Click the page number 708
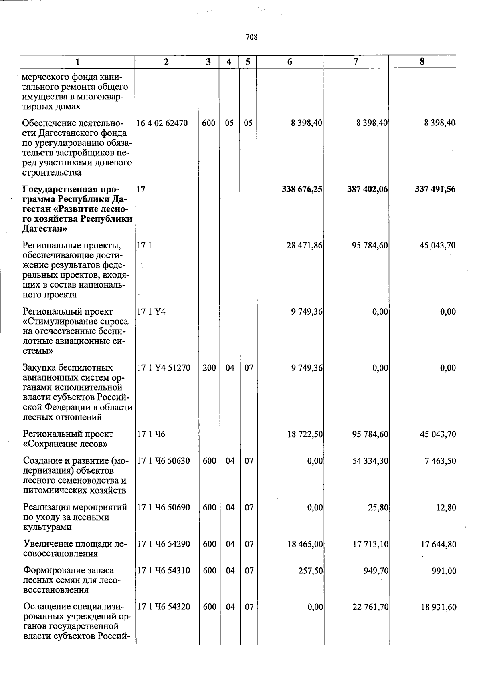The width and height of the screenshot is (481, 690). tap(251, 37)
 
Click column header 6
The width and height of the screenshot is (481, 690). tap(289, 62)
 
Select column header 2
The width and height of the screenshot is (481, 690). tap(166, 62)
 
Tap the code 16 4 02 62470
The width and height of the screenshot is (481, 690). tap(162, 123)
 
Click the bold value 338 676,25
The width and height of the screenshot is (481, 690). tap(302, 189)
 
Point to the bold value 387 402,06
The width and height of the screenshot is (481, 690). tap(368, 189)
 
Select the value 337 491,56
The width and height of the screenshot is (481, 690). tap(435, 189)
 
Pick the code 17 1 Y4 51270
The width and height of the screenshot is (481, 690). tap(164, 368)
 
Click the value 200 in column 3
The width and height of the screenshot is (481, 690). tap(209, 368)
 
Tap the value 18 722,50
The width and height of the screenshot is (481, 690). tap(305, 434)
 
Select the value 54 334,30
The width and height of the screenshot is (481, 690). tap(370, 461)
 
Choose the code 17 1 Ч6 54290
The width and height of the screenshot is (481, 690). tap(164, 544)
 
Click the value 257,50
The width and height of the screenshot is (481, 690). tap(310, 571)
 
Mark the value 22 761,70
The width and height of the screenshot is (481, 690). tap(370, 607)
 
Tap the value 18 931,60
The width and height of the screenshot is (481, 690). tap(438, 607)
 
